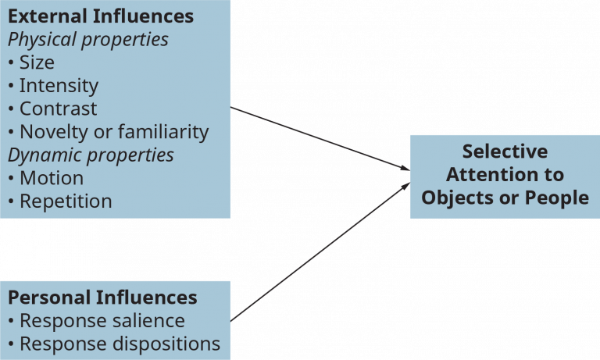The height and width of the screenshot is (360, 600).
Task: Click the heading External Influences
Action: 101,16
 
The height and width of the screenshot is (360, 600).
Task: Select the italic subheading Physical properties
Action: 87,39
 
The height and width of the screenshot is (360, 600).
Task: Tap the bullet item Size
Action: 37,62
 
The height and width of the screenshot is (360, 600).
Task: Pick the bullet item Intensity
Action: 59,85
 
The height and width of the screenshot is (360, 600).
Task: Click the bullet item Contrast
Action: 58,109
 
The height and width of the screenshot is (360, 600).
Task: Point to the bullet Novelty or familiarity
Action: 114,131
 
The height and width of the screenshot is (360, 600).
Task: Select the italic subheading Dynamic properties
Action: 91,155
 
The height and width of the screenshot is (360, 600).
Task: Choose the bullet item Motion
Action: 51,177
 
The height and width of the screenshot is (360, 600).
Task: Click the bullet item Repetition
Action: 66,201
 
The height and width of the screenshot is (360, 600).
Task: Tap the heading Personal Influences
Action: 102,298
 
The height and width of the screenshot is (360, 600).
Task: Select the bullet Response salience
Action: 102,321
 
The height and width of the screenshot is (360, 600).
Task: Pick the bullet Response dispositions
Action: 120,344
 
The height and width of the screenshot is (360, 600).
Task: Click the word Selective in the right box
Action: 505,151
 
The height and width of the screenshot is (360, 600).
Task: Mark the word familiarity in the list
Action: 167,131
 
